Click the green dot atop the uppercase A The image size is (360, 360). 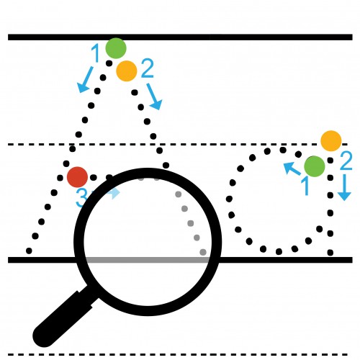click(116, 48)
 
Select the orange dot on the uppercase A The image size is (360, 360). click(127, 71)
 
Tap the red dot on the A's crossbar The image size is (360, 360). click(77, 177)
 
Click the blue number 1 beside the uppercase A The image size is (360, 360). click(96, 53)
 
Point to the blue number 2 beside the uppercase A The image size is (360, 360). click(148, 68)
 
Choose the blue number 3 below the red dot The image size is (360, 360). click(81, 198)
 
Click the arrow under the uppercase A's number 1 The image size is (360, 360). click(85, 80)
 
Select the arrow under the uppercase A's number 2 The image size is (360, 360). click(154, 96)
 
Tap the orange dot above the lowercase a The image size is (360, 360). click(331, 141)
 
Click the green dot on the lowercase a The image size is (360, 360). click(315, 166)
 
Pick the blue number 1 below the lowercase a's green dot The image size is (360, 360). click(305, 186)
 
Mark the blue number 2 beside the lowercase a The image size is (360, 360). click(346, 161)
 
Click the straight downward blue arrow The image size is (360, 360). click(345, 187)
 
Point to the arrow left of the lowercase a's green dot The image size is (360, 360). click(292, 168)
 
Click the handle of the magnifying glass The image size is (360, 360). click(63, 317)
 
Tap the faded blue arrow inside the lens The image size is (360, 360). click(114, 193)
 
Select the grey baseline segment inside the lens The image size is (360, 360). click(148, 260)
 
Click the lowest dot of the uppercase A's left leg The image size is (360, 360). click(29, 251)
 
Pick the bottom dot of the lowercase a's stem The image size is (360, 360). click(330, 253)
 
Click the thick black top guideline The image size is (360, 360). click(180, 37)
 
